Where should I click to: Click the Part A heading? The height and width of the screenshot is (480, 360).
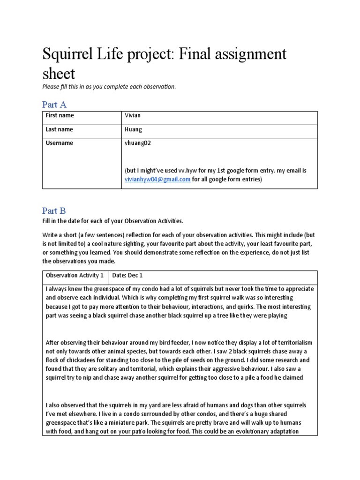[x=54, y=104]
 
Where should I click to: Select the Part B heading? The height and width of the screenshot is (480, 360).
[x=54, y=211]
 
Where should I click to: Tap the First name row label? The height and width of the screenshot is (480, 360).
[x=60, y=115]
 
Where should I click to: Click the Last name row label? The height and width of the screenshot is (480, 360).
[x=59, y=129]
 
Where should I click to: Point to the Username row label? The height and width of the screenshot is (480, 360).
[x=59, y=143]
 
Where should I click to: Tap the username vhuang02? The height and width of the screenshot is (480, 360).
[x=138, y=143]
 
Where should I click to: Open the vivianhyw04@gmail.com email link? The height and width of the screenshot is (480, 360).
[x=157, y=179]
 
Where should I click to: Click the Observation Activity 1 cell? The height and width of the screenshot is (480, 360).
[x=75, y=275]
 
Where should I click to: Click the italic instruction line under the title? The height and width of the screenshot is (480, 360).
[x=109, y=87]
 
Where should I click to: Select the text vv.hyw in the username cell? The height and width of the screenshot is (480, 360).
[x=188, y=171]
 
